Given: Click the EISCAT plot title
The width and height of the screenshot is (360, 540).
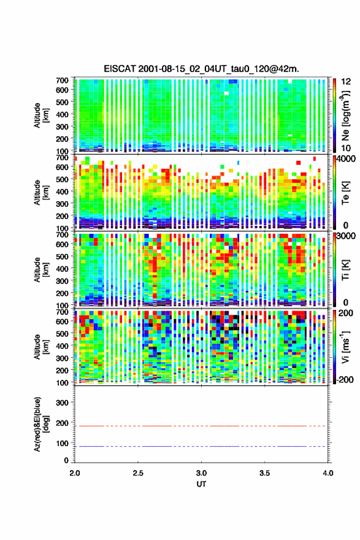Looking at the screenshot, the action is (x=201, y=69).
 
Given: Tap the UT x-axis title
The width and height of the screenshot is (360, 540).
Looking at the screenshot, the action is (x=201, y=484).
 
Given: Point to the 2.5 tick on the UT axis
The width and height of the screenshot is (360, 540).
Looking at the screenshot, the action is (x=138, y=473).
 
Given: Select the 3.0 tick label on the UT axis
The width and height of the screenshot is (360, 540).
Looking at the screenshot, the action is (x=201, y=473).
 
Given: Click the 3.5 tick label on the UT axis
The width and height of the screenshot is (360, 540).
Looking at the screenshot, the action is (x=264, y=473).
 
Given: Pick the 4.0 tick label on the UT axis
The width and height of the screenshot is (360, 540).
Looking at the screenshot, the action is (x=328, y=473).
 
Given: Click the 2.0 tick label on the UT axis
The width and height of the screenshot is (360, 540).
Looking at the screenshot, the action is (x=75, y=473).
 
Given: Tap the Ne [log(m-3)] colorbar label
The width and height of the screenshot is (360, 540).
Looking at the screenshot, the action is (x=345, y=116).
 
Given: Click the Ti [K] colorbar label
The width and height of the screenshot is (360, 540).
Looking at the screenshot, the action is (x=345, y=269).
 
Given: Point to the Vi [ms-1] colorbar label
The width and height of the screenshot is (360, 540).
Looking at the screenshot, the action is (x=345, y=347).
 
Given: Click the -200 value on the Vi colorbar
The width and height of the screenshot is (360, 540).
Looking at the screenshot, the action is (x=345, y=379).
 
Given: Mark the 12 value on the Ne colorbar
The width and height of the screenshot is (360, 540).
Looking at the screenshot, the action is (x=346, y=82).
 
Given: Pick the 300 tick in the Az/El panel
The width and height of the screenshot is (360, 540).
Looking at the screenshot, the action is (x=62, y=403).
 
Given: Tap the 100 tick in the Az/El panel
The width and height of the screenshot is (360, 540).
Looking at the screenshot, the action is (x=62, y=443).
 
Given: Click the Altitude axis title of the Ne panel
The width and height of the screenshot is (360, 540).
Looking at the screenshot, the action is (x=40, y=115).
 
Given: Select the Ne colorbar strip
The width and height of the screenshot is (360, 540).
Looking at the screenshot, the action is (x=334, y=115).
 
